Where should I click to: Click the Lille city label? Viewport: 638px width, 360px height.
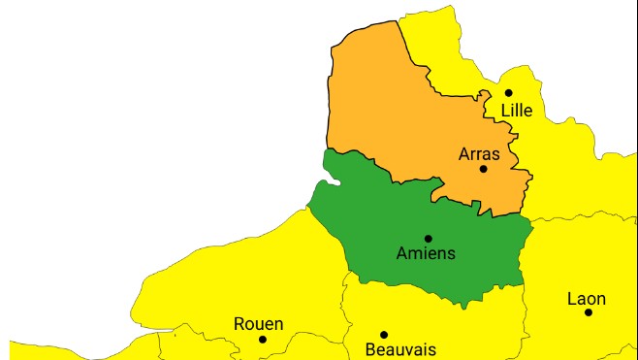click(x=517, y=111)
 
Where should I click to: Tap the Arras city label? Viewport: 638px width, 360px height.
click(x=479, y=153)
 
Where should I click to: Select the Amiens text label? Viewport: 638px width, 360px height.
click(x=426, y=254)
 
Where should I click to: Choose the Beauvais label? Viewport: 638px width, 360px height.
click(x=400, y=349)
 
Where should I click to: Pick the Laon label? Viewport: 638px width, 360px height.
click(x=587, y=299)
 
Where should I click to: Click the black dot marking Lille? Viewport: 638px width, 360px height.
click(x=508, y=93)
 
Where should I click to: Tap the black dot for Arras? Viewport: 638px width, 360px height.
click(x=483, y=169)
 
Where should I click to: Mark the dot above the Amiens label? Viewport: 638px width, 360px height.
click(x=428, y=238)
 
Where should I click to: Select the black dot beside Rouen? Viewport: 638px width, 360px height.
click(x=262, y=339)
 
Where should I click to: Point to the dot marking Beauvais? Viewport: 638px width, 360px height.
click(x=383, y=335)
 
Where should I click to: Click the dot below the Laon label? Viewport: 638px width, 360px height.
click(x=588, y=311)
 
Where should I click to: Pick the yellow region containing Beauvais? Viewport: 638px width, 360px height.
click(x=427, y=320)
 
